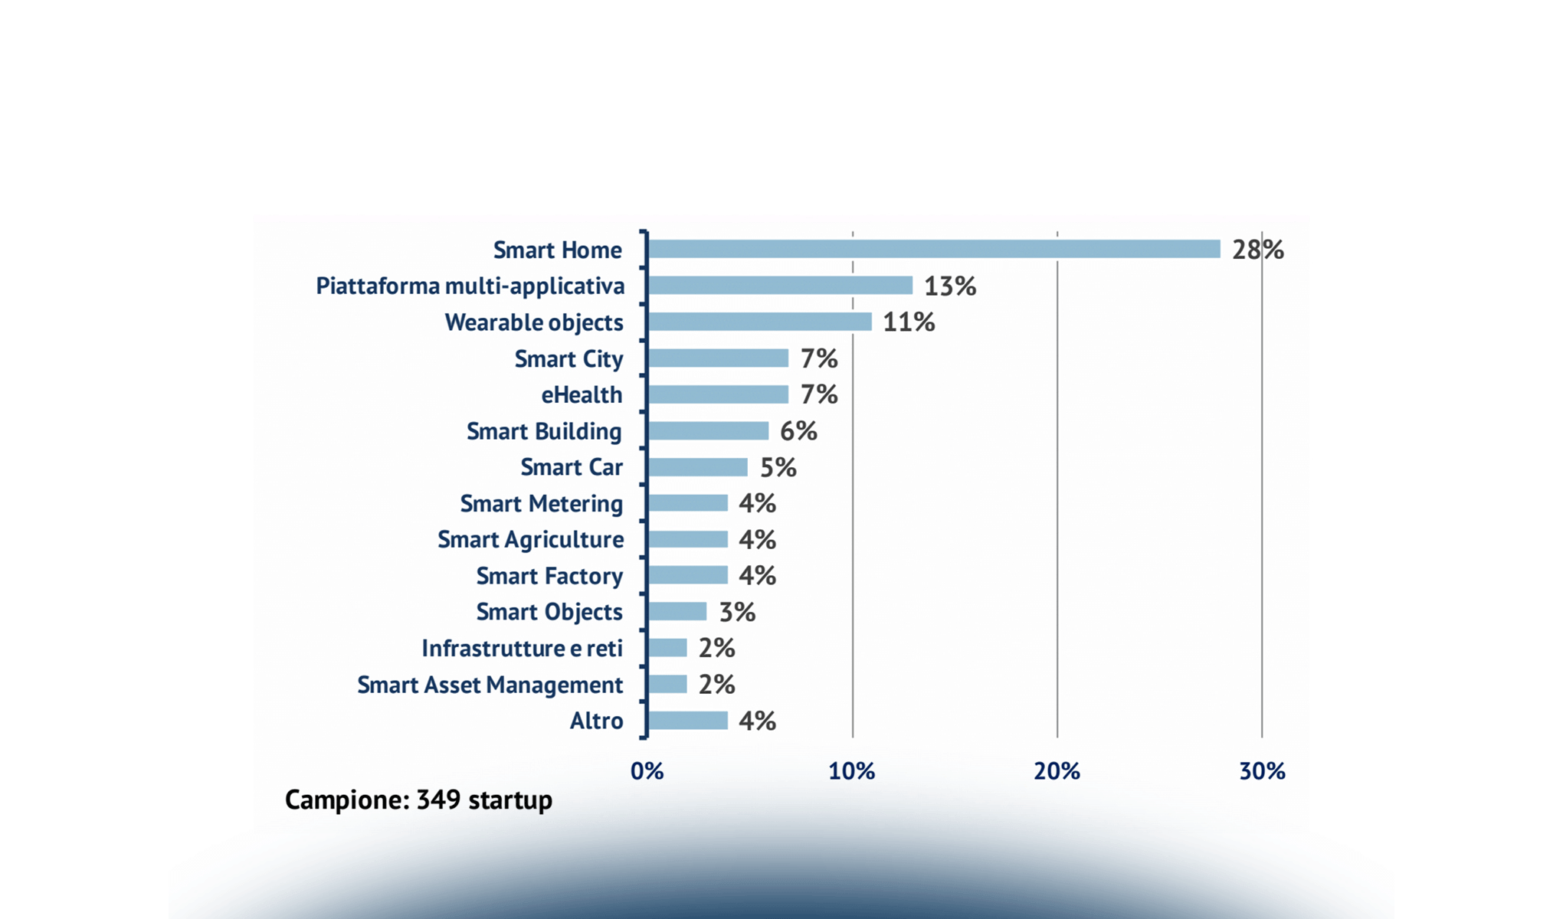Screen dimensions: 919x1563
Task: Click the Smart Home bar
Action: pyautogui.click(x=933, y=249)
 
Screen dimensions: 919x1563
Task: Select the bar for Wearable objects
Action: pyautogui.click(x=759, y=322)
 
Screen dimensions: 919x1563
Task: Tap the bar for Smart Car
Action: pyautogui.click(x=697, y=467)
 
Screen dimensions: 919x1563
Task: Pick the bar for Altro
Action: pyautogui.click(x=687, y=721)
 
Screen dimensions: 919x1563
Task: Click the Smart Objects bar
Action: pyautogui.click(x=677, y=611)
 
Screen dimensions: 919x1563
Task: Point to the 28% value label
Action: pyautogui.click(x=1257, y=250)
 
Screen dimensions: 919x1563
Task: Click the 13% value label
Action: pyautogui.click(x=949, y=286)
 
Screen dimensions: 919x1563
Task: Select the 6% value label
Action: pyautogui.click(x=798, y=431)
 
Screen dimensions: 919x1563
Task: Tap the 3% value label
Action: pyautogui.click(x=737, y=612)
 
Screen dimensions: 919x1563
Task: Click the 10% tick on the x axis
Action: pyautogui.click(x=851, y=771)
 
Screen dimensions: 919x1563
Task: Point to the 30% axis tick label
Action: pyautogui.click(x=1262, y=771)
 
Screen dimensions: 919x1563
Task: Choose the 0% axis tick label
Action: pyautogui.click(x=647, y=771)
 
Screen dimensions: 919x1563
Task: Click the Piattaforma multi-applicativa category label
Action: pyautogui.click(x=470, y=286)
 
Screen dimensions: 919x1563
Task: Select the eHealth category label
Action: pyautogui.click(x=582, y=395)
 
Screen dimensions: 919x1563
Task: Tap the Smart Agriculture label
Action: pyautogui.click(x=530, y=540)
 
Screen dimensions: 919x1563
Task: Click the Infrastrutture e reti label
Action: pyautogui.click(x=522, y=649)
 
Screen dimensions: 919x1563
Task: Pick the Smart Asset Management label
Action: pyautogui.click(x=490, y=685)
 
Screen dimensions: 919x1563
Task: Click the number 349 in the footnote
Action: pyautogui.click(x=438, y=800)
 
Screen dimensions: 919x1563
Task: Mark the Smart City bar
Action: pyautogui.click(x=717, y=358)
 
